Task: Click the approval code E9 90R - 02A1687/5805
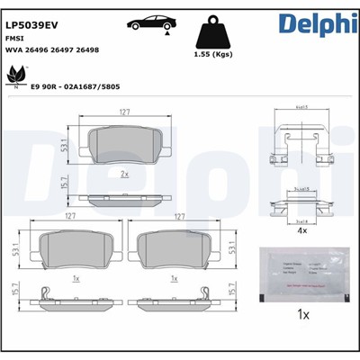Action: coord(75,87)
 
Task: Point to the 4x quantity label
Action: coord(303,230)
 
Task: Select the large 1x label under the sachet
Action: coord(303,316)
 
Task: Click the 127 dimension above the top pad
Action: coord(125,113)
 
